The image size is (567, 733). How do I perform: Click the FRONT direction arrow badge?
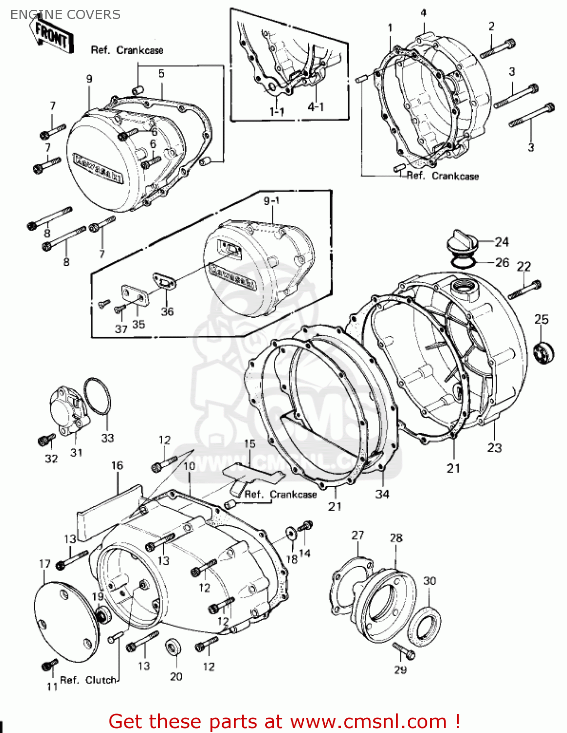pos(53,36)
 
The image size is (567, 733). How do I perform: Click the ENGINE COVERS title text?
pos(65,15)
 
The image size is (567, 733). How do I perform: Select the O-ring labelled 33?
pos(97,396)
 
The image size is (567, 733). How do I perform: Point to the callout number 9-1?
pos(272,201)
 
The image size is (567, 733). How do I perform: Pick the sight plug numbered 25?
pos(543,353)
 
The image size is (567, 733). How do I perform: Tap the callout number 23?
pos(494,448)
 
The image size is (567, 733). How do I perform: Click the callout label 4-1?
pos(315,107)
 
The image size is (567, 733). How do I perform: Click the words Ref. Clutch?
pos(88,680)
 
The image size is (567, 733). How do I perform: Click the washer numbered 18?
pos(291,533)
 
